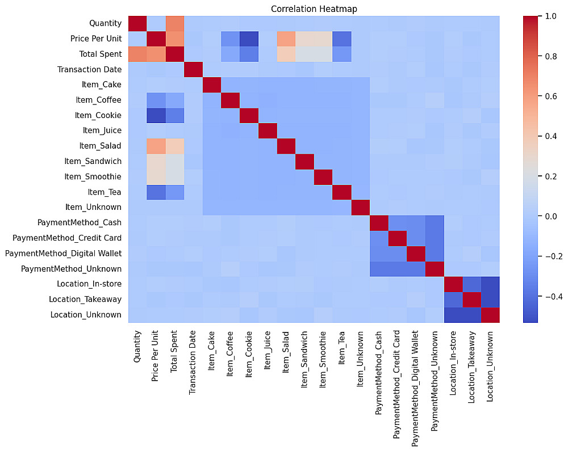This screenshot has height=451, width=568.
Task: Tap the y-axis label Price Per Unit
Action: coord(97,39)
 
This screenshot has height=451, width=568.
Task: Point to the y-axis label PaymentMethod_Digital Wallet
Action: coord(63,253)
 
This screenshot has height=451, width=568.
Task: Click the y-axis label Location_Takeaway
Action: coord(85,299)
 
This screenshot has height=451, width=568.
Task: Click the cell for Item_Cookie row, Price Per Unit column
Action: coord(156,115)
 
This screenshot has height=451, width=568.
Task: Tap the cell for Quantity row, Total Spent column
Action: coord(174,23)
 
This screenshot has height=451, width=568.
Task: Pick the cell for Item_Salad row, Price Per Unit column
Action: coord(156,146)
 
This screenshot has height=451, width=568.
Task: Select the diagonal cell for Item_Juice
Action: coord(267,130)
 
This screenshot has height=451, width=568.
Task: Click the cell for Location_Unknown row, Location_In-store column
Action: coord(453,314)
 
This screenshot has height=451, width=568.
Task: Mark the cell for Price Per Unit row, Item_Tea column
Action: coord(341,39)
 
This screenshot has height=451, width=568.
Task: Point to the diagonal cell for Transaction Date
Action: coord(193,69)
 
